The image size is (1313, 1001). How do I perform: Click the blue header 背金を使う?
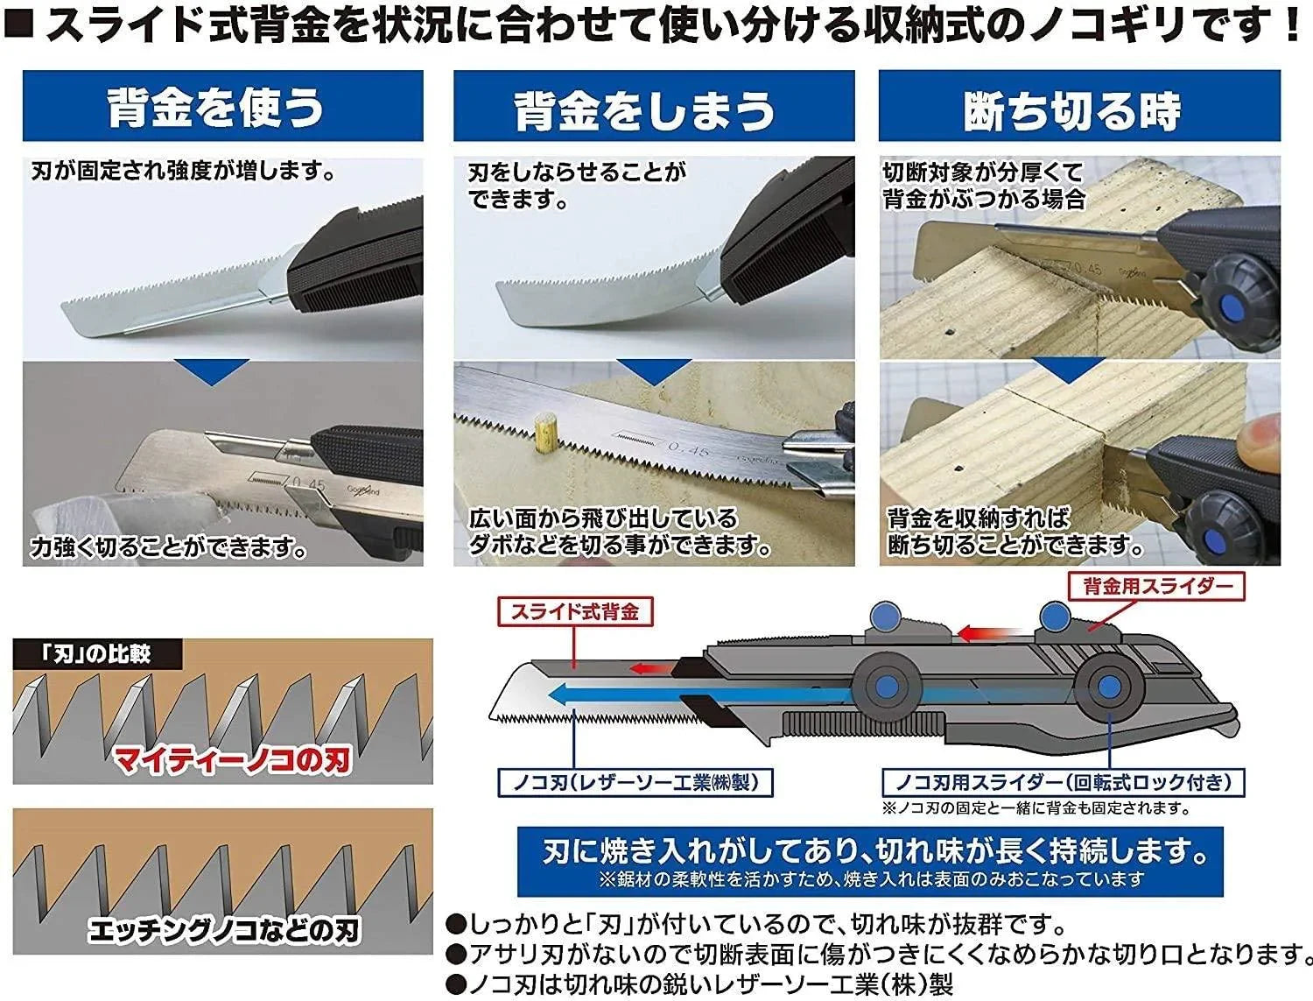[222, 107]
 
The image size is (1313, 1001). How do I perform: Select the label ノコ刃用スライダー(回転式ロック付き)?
[1062, 782]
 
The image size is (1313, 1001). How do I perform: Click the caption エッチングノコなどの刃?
[224, 930]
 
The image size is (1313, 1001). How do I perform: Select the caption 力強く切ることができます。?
[169, 548]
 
